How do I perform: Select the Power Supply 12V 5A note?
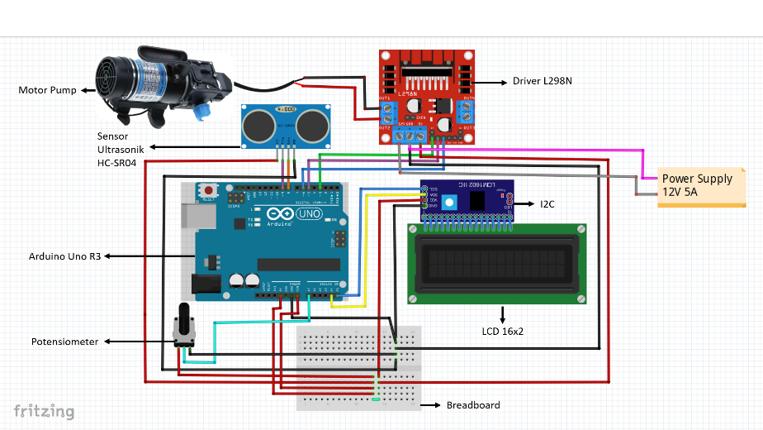[x=696, y=184]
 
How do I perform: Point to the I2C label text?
[x=548, y=203]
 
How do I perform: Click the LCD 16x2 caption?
[x=503, y=331]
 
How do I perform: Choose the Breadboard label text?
[x=472, y=405]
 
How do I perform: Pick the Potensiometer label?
[x=65, y=342]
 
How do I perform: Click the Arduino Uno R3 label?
[x=64, y=257]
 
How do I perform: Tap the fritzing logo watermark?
[x=44, y=411]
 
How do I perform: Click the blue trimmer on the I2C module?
[x=448, y=202]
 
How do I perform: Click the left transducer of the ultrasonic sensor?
[x=258, y=125]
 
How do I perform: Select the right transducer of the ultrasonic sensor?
[x=310, y=125]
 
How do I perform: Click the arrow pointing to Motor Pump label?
[x=88, y=89]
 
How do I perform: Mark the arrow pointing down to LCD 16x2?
[x=503, y=314]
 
